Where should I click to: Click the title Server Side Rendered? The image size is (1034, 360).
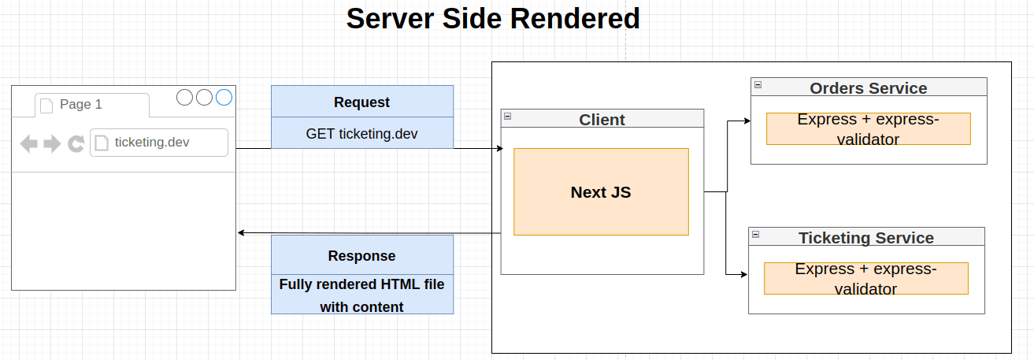click(x=493, y=19)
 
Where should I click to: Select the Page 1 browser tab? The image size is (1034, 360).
click(x=92, y=105)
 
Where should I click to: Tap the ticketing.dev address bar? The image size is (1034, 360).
click(x=159, y=143)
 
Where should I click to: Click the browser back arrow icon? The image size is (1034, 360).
click(x=28, y=143)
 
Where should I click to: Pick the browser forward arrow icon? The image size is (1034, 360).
click(x=52, y=143)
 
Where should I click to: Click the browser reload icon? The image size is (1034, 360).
click(x=76, y=143)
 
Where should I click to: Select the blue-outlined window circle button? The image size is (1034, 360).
click(x=224, y=98)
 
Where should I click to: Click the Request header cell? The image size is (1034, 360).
click(x=362, y=102)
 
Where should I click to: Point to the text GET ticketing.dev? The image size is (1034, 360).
click(x=362, y=134)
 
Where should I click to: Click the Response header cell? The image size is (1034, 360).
click(x=362, y=255)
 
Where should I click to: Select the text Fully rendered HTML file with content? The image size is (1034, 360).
click(x=362, y=295)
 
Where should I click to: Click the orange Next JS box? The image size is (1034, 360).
click(x=601, y=192)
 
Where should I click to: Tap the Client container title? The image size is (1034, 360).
click(x=602, y=120)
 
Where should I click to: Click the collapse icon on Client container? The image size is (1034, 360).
click(x=508, y=117)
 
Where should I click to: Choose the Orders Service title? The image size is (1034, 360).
click(x=869, y=87)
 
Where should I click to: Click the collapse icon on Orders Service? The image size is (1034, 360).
click(x=758, y=85)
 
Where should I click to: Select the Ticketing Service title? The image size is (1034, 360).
click(x=866, y=238)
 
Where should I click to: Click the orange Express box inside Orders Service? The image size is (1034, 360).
click(x=869, y=128)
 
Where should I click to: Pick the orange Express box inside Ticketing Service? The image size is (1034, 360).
click(x=866, y=278)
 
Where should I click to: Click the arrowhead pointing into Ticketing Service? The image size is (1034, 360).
click(x=744, y=274)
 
